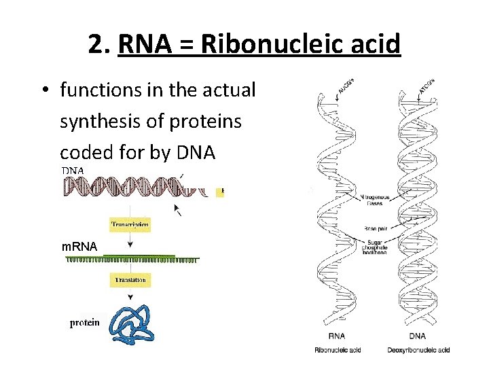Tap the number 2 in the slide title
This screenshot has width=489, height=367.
click(x=95, y=45)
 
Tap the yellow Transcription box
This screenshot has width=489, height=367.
click(x=130, y=224)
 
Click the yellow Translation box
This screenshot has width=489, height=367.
click(x=130, y=279)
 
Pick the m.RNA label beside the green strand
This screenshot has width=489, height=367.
click(x=79, y=245)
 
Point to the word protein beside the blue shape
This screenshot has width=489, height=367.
click(x=85, y=323)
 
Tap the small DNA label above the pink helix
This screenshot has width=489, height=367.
click(x=73, y=171)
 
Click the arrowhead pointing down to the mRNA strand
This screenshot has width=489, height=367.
click(x=130, y=244)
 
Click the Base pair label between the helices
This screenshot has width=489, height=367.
click(x=376, y=228)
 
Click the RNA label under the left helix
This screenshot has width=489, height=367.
click(x=337, y=336)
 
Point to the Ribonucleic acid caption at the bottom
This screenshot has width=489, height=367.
click(x=338, y=350)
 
